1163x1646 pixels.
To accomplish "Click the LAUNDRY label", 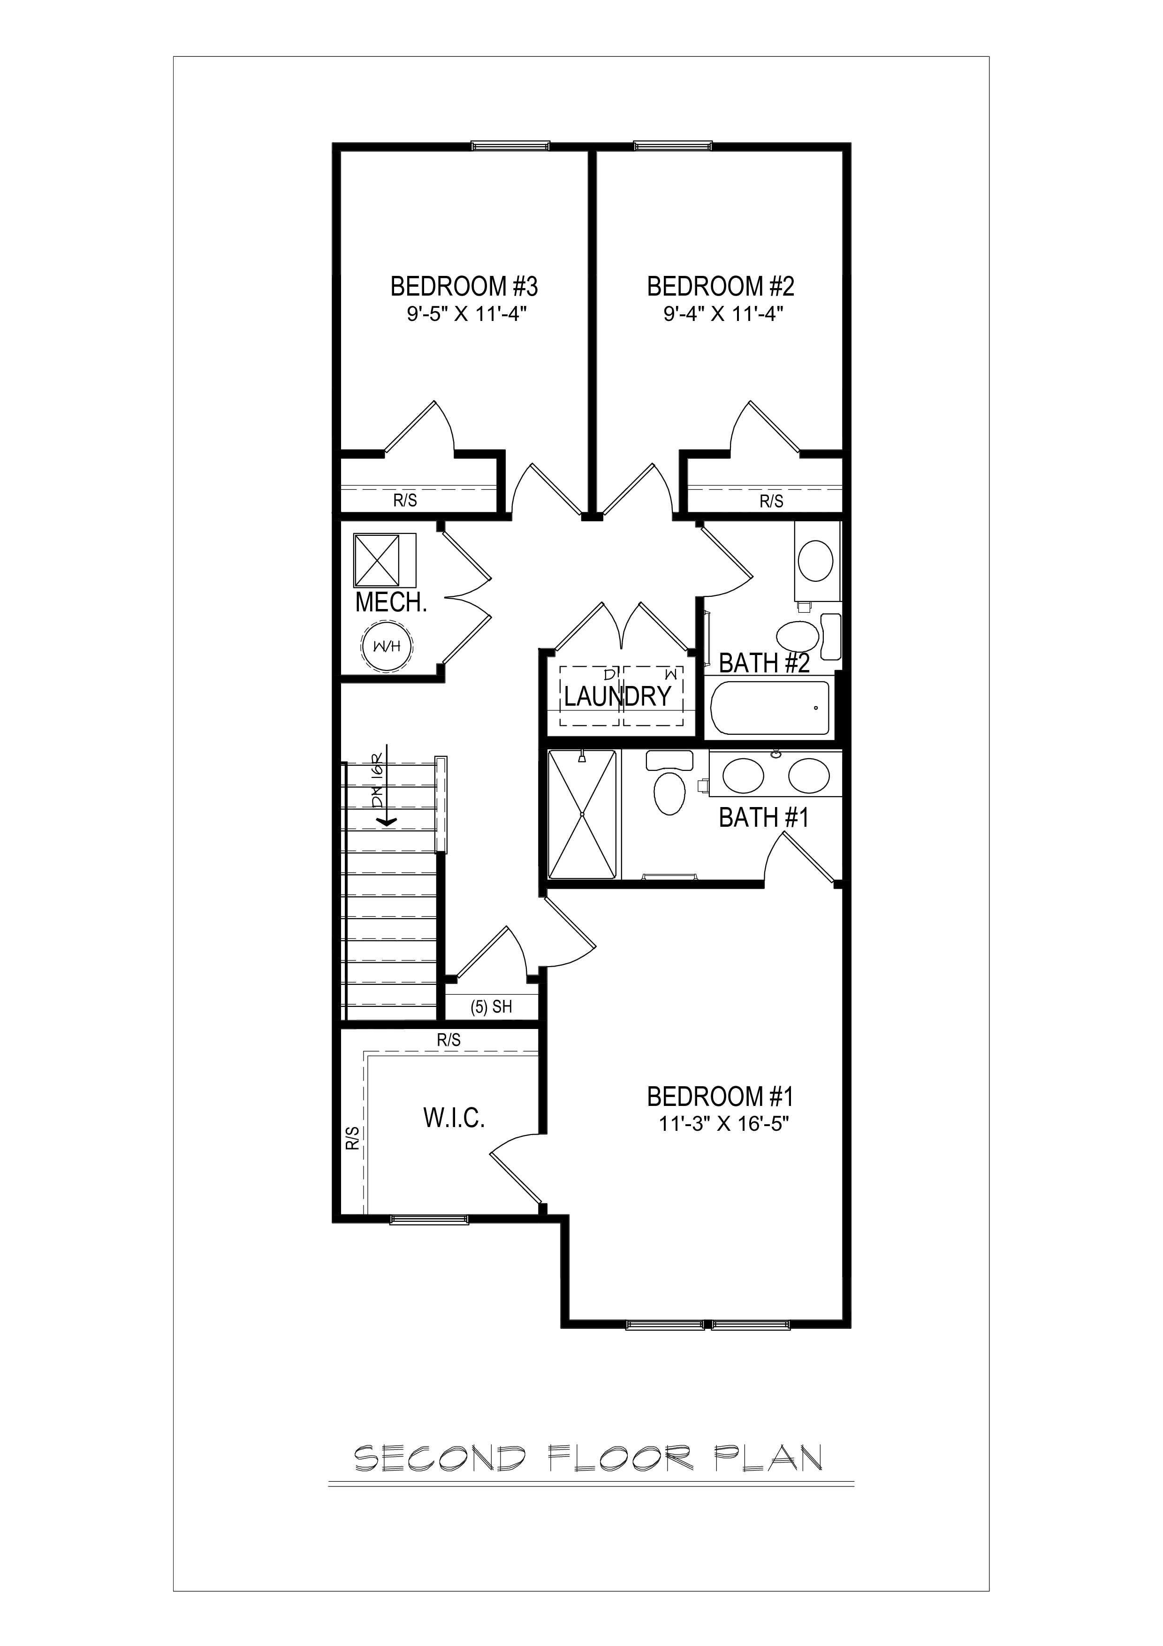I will pos(618,696).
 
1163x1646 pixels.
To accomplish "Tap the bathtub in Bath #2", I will pos(769,708).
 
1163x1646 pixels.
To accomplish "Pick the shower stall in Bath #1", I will pos(582,815).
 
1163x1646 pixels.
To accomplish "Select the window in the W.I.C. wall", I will pos(429,1220).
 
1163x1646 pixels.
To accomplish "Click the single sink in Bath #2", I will pos(815,561).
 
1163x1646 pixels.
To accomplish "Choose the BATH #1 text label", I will pos(763,817).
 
